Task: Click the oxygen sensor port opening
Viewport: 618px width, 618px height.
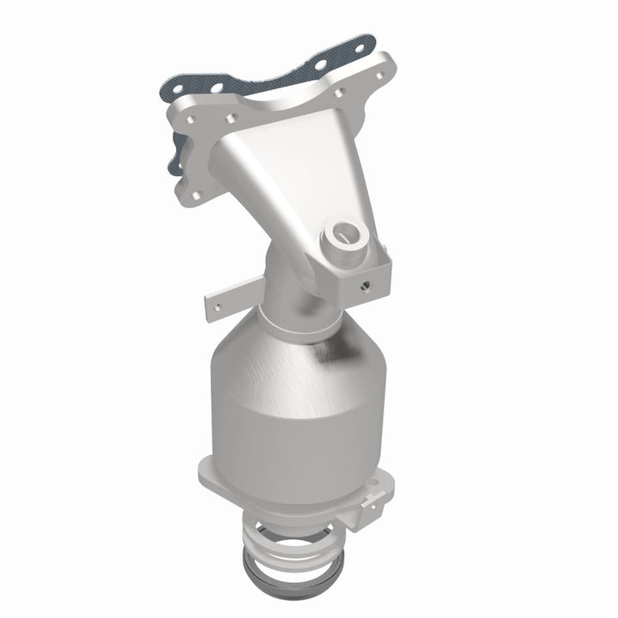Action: coord(348,230)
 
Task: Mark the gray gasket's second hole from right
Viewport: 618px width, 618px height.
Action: coord(320,63)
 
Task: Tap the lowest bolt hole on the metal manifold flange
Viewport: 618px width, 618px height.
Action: coord(197,195)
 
